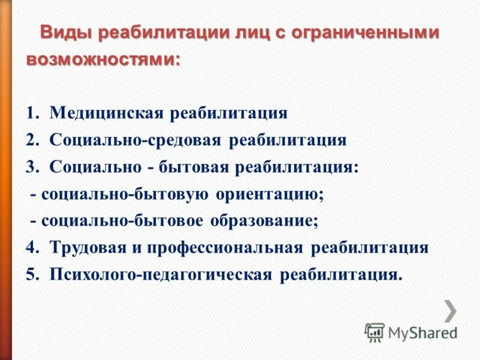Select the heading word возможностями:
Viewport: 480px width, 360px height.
pyautogui.click(x=103, y=60)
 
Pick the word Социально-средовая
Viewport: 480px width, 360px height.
pyautogui.click(x=135, y=140)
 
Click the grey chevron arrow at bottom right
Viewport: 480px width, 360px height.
pyautogui.click(x=451, y=310)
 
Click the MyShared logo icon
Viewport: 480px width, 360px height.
pyautogui.click(x=375, y=332)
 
